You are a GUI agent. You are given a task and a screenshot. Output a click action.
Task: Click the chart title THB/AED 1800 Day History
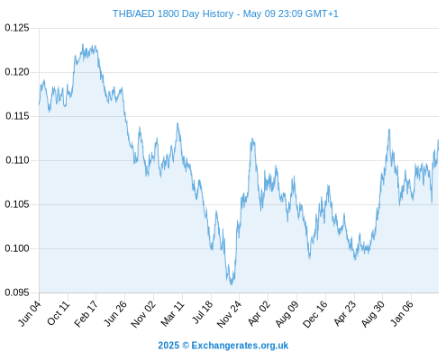pos(173,13)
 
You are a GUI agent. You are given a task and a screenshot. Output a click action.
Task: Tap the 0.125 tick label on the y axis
pos(17,28)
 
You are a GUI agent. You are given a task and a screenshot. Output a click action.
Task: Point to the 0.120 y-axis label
pos(17,72)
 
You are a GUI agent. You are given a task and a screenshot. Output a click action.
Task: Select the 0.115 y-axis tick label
pos(17,116)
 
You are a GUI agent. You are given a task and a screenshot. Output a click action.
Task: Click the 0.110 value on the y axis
pos(17,160)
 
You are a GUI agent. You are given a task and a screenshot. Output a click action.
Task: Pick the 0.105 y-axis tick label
pos(17,204)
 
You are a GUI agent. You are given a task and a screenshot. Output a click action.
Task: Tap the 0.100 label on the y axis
pos(17,248)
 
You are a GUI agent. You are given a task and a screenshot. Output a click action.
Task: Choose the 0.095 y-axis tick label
pos(17,292)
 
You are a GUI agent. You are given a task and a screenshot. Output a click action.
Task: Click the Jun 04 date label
pos(30,313)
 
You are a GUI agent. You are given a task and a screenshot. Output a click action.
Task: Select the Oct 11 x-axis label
pos(59,313)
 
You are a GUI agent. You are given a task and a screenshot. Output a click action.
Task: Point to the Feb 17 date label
pos(86,314)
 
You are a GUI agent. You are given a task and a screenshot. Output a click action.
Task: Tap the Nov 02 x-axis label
pos(143,314)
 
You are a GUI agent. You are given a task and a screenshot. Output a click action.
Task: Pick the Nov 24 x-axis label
pos(229,314)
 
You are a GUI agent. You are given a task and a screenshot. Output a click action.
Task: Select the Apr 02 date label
pos(259,313)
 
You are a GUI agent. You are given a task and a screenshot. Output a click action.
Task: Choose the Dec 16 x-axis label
pos(315,314)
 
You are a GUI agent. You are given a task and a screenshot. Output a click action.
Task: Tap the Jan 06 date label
pos(402,313)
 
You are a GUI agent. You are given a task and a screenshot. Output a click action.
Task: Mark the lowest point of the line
pos(232,284)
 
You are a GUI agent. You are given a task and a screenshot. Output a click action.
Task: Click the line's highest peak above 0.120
pos(83,44)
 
